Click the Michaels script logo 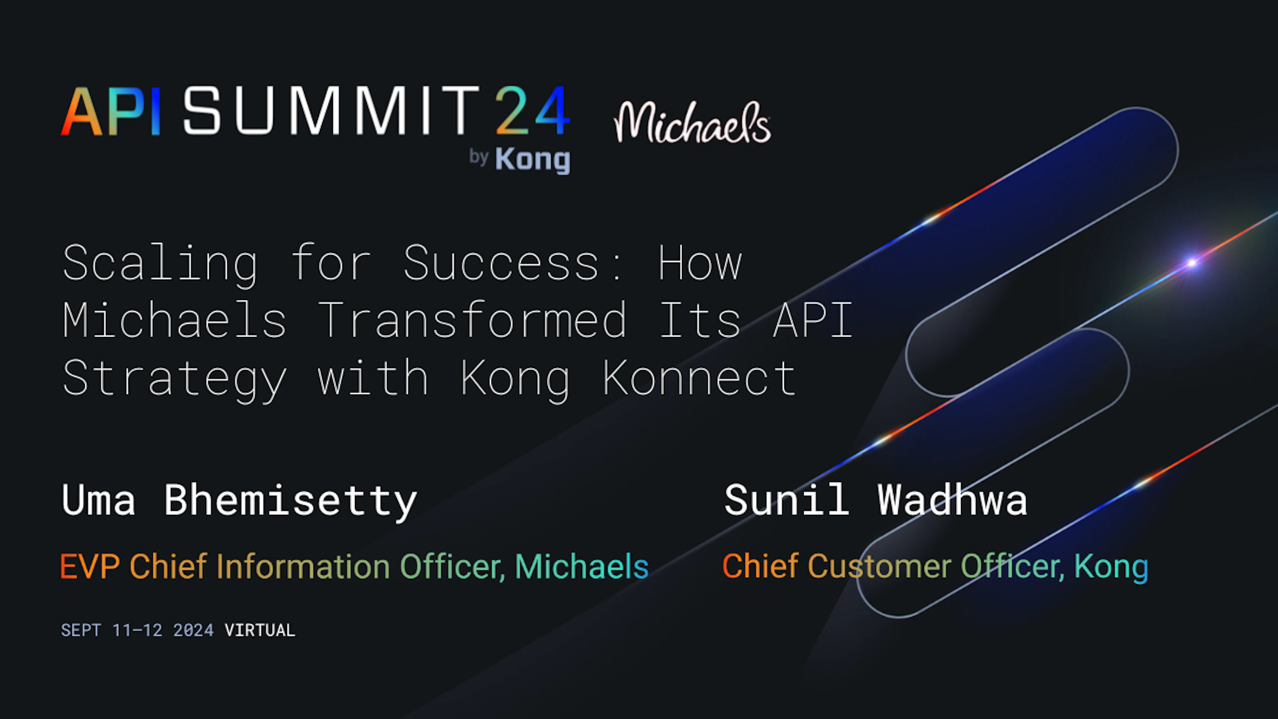(x=692, y=122)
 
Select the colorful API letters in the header (x=111, y=111)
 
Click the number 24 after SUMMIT (x=532, y=110)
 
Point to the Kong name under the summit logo (x=532, y=160)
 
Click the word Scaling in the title (x=160, y=265)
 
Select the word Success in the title (x=501, y=263)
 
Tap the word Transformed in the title (x=471, y=320)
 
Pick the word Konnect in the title (x=699, y=378)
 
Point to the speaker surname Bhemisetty (x=290, y=501)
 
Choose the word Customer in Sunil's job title (x=880, y=567)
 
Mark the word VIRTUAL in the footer (x=260, y=630)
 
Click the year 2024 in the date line (x=193, y=630)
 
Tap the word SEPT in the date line (x=81, y=630)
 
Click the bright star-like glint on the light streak (x=1192, y=263)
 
